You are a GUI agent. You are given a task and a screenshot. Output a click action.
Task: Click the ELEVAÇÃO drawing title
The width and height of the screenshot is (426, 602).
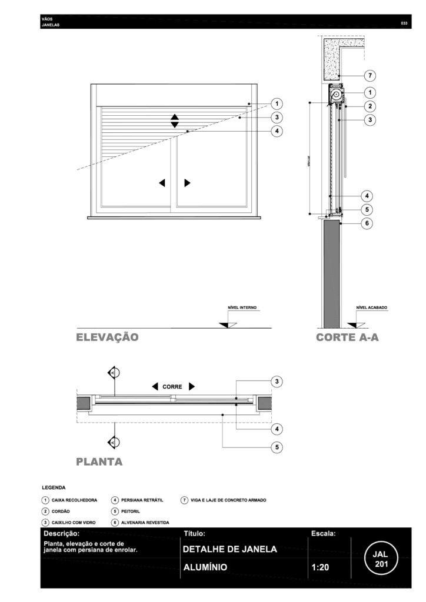point(107,337)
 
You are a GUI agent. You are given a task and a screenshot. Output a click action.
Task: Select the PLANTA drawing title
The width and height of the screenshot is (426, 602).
point(99,461)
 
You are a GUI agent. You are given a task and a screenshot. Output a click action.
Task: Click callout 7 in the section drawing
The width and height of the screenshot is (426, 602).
point(370,76)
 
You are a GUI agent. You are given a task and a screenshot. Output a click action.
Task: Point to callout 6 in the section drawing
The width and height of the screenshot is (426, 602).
point(365,223)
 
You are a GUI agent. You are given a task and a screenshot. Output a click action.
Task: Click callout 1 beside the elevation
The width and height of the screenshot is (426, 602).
point(276,104)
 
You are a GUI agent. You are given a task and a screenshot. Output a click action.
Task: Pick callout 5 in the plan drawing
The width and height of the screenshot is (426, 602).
point(276,447)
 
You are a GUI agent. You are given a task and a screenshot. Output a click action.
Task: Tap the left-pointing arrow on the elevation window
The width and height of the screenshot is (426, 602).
point(162,183)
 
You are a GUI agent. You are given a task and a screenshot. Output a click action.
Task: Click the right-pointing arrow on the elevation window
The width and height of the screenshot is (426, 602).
point(187,183)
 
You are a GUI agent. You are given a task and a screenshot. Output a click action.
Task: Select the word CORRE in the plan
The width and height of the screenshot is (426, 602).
point(172,387)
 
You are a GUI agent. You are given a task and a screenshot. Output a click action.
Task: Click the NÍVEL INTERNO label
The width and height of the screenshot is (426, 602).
point(242,307)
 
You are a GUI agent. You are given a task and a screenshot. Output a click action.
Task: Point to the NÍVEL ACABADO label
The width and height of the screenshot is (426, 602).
point(371,307)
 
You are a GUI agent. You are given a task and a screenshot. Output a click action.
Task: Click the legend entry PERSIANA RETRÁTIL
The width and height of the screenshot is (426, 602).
point(141,500)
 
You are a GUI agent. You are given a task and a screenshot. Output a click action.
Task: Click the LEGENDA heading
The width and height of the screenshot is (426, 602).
point(54,487)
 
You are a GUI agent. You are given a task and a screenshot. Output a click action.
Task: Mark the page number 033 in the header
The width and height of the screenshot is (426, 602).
point(404,23)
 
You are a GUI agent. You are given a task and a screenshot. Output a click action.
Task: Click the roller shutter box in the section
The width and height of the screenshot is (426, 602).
point(336,94)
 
